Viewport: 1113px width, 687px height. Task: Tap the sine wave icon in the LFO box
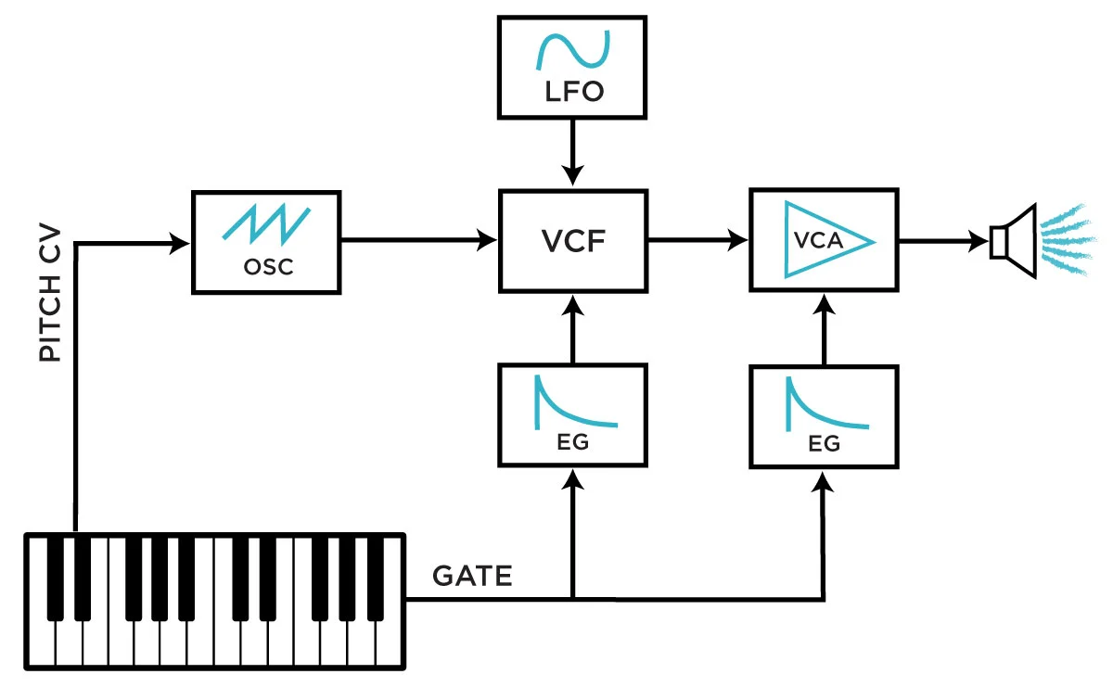coord(572,50)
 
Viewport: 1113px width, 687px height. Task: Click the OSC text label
coord(267,266)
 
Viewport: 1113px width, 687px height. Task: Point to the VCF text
coord(574,241)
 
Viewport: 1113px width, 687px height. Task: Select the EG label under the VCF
coord(572,442)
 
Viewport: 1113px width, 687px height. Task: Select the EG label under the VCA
coord(824,444)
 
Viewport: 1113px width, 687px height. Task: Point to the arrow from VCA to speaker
coord(940,241)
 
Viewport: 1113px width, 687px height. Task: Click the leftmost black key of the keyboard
coord(57,575)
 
